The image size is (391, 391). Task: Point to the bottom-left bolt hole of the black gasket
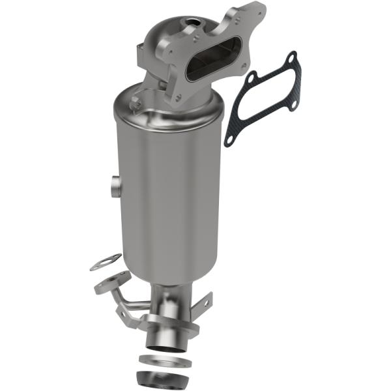click(229, 139)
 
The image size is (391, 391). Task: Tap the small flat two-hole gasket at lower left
click(105, 262)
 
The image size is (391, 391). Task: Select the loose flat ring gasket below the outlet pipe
click(164, 361)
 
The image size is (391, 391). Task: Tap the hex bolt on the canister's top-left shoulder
click(136, 101)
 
